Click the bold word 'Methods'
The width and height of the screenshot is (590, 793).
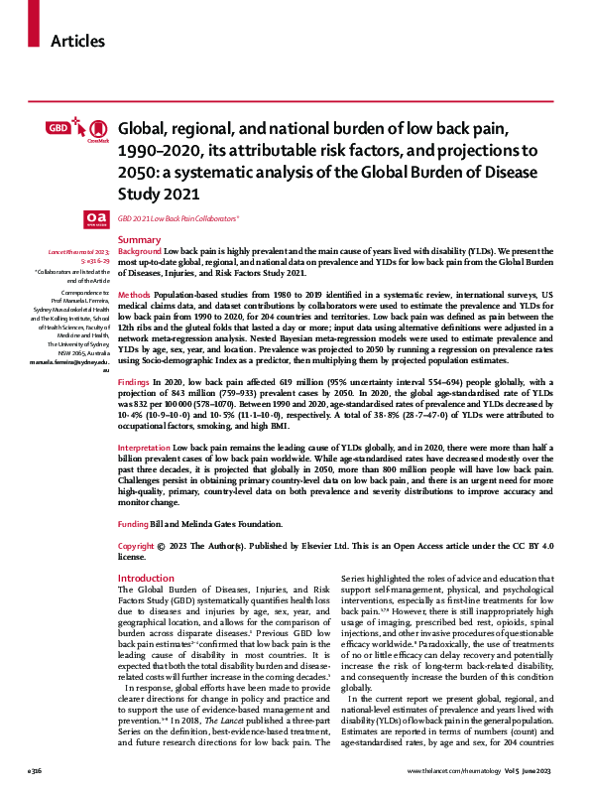134,295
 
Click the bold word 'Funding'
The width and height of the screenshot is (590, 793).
133,523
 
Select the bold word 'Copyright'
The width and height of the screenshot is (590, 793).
136,546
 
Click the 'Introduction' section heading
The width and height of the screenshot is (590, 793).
145,578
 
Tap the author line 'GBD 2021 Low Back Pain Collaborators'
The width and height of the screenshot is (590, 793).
178,217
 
